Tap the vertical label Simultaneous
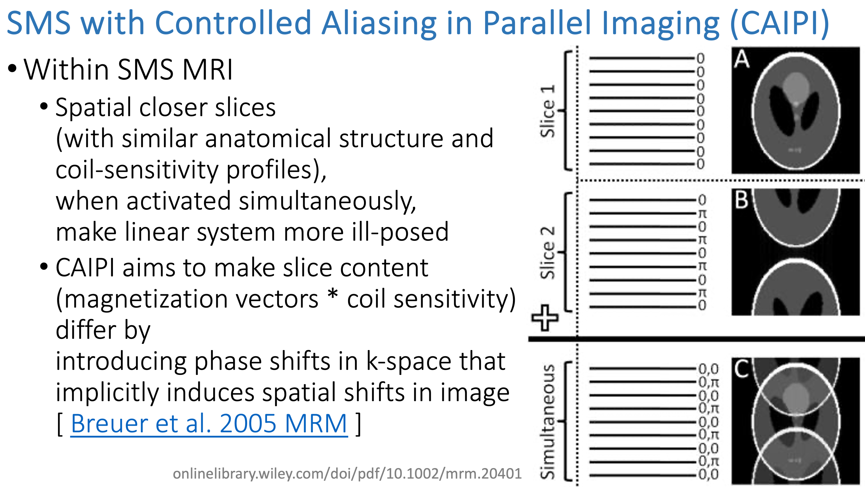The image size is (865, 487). pyautogui.click(x=547, y=421)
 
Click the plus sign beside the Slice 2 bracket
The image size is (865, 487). pyautogui.click(x=545, y=318)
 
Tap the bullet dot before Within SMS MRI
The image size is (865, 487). pyautogui.click(x=12, y=69)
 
